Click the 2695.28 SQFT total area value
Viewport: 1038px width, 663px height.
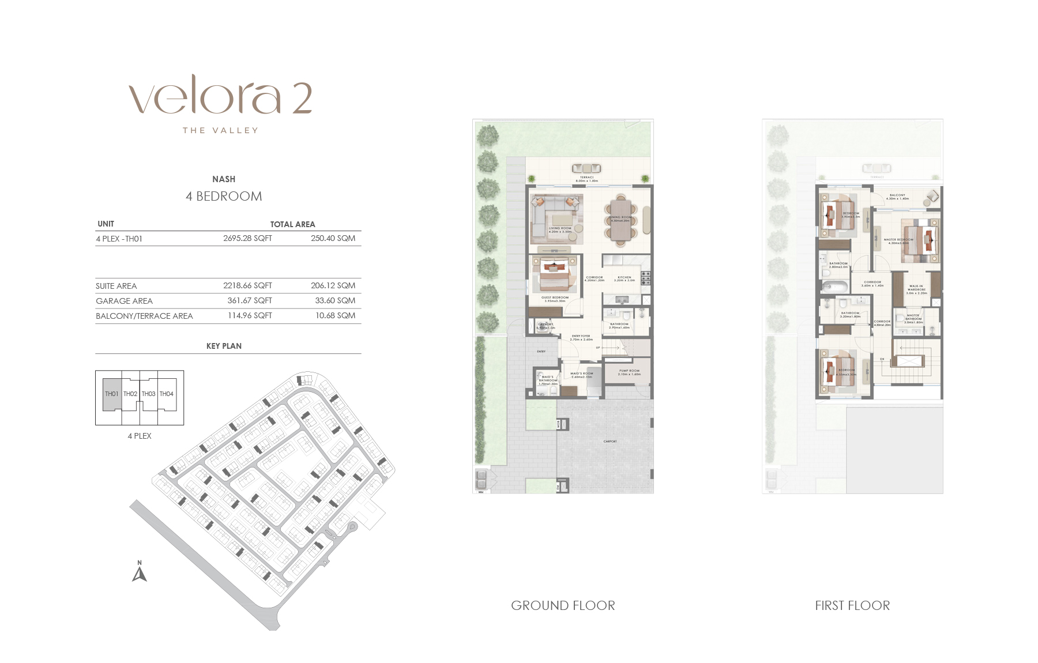pos(247,238)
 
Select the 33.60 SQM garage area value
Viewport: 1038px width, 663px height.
pos(335,300)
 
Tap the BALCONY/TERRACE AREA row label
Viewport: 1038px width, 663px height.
pos(144,316)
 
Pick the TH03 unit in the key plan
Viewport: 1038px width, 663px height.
pos(149,394)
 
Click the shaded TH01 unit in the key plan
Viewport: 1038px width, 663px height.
pos(112,394)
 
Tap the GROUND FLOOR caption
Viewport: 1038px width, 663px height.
pos(563,605)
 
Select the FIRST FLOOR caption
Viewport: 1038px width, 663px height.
pos(852,605)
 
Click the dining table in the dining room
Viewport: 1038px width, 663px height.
pos(620,220)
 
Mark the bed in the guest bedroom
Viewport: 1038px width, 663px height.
pos(555,276)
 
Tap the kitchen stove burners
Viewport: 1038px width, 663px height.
pos(646,278)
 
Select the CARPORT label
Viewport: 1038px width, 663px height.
pos(610,442)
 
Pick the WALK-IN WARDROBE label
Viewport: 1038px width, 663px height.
pos(916,289)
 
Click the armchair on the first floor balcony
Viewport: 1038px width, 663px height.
pos(931,198)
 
